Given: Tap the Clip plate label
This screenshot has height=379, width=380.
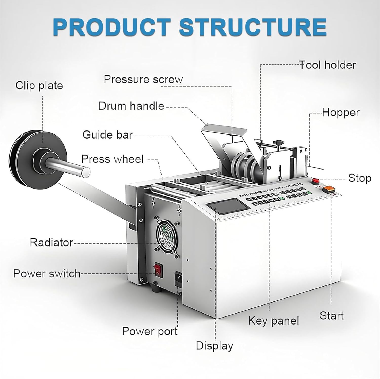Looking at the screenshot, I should click(x=39, y=86).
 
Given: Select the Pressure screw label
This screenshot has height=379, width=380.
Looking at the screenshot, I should click(x=143, y=79).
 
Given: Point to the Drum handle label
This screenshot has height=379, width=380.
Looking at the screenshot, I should click(x=131, y=106).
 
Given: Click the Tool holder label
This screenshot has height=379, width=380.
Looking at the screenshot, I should click(x=328, y=65).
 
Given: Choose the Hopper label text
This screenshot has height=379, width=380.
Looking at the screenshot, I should click(x=341, y=113).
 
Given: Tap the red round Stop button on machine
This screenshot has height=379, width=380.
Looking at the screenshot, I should click(x=315, y=181).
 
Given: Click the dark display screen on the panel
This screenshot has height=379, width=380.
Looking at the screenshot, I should click(x=227, y=205).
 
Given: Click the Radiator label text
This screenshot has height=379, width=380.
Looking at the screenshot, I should click(x=51, y=242).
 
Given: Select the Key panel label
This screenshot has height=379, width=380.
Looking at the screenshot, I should click(x=274, y=321).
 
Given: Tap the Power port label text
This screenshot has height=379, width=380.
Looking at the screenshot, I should click(x=150, y=331).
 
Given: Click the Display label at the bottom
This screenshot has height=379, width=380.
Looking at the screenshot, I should click(x=214, y=346).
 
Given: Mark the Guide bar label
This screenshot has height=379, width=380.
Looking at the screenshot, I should click(x=107, y=135).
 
